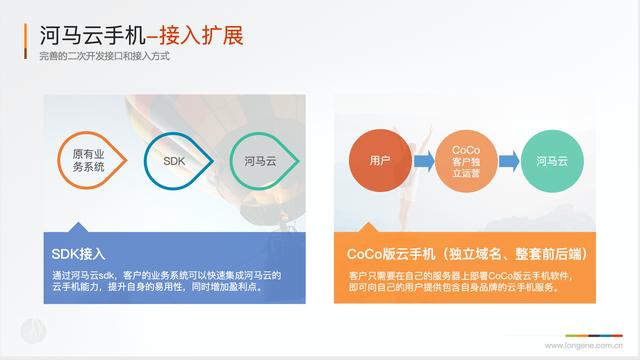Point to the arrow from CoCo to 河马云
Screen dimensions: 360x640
pyautogui.click(x=508, y=160)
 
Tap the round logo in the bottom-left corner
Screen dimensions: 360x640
pyautogui.click(x=33, y=330)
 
